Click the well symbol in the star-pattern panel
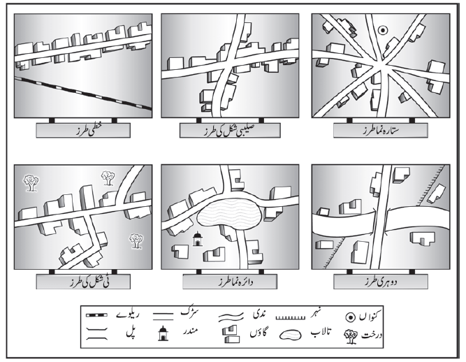click(x=382, y=30)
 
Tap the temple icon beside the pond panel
click(x=197, y=239)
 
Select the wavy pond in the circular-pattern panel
click(x=230, y=216)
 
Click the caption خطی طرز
click(x=83, y=131)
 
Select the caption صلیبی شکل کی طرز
click(x=230, y=131)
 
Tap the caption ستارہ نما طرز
click(x=380, y=131)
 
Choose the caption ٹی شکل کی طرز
click(x=89, y=282)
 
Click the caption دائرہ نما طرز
click(x=235, y=282)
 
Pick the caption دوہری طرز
click(x=380, y=282)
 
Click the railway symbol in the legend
click(x=96, y=314)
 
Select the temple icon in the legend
click(x=163, y=333)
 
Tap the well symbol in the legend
click(x=351, y=317)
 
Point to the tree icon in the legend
click(x=351, y=337)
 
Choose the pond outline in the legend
click(x=291, y=335)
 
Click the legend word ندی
click(x=259, y=314)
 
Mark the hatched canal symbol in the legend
click(x=291, y=318)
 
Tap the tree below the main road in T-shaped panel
click(x=136, y=240)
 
